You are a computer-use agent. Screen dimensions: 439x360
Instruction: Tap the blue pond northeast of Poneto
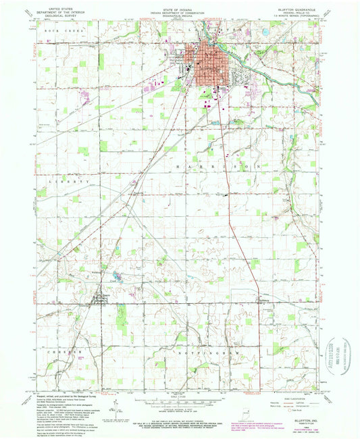tap(118, 274)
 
